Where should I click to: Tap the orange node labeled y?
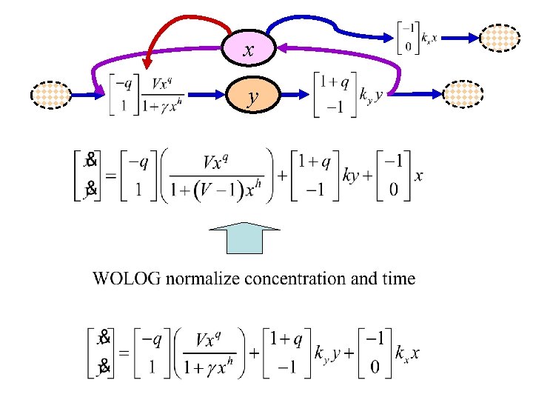point(254,96)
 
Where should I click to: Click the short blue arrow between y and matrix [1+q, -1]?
point(292,95)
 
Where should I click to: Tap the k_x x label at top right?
point(429,36)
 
